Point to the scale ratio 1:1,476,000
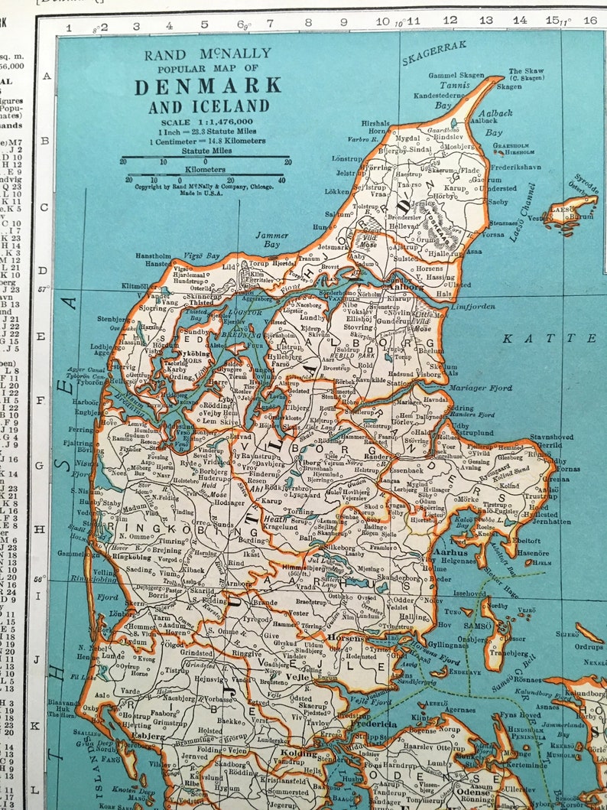point(207,121)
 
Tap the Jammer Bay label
point(271,239)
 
